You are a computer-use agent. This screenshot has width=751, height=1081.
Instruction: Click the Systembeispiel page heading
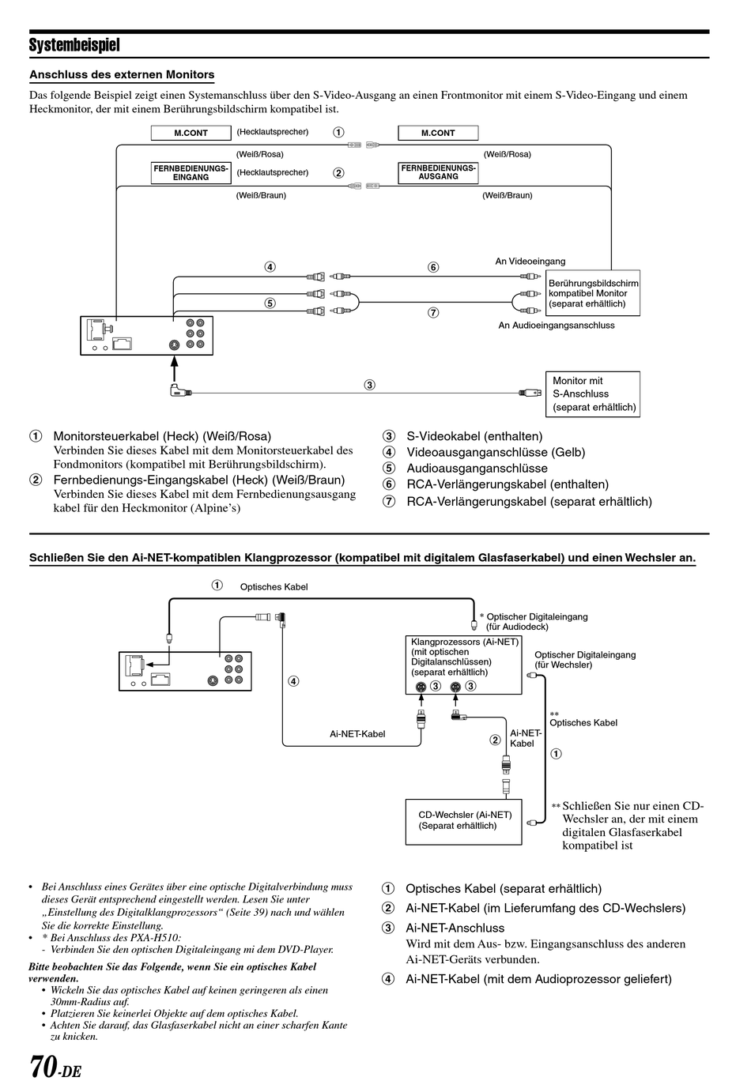click(74, 45)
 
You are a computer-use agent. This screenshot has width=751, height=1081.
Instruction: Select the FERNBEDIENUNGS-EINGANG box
click(191, 173)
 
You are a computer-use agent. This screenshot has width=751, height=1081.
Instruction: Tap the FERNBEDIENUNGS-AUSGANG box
click(438, 172)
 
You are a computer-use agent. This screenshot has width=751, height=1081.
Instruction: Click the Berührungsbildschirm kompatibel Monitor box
click(593, 293)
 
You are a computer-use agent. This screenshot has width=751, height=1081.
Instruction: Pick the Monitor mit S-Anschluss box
click(593, 394)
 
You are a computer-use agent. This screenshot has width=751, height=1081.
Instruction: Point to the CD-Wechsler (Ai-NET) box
click(463, 822)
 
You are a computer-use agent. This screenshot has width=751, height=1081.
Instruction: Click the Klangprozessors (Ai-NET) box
click(463, 665)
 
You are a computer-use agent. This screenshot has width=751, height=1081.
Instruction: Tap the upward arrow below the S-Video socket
click(174, 369)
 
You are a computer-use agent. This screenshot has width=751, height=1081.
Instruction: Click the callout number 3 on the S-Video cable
click(369, 385)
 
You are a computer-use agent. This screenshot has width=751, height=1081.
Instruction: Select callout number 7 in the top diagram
click(433, 313)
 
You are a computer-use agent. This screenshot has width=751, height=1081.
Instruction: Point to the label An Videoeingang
click(530, 262)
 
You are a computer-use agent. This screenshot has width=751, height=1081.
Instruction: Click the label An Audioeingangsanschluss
click(556, 326)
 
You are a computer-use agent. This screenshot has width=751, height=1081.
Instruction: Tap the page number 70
click(43, 1065)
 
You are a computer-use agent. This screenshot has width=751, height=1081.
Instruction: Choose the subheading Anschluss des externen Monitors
click(122, 75)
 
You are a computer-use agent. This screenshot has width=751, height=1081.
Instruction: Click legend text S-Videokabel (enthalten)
click(474, 436)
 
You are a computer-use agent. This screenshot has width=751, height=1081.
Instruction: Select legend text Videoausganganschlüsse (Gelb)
click(496, 452)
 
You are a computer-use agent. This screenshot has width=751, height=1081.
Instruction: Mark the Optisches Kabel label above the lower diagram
click(274, 587)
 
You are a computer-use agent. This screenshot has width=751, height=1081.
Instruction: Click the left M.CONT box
click(191, 134)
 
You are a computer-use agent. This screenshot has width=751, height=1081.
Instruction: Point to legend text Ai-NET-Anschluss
click(455, 928)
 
